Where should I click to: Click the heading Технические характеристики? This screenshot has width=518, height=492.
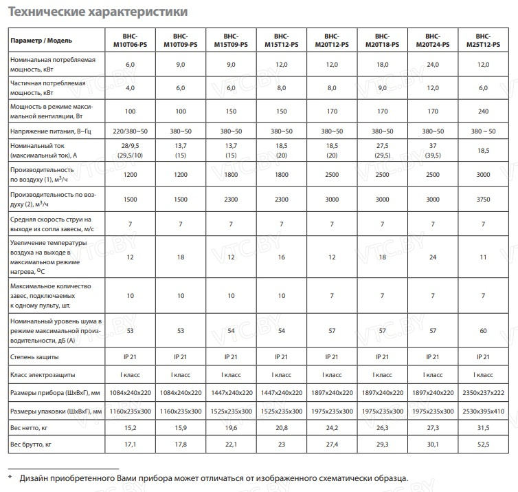pos(95,12)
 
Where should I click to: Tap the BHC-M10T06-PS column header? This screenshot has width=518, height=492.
pos(130,40)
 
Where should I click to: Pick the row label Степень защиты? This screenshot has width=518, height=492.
pos(35,356)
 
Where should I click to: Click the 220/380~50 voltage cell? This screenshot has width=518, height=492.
pos(130,131)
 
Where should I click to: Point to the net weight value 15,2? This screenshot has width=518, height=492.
pos(130,428)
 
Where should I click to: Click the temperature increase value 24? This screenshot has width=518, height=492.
pos(433,256)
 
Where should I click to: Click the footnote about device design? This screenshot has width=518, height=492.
pos(213,478)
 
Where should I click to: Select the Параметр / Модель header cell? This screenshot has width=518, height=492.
pos(40,41)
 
